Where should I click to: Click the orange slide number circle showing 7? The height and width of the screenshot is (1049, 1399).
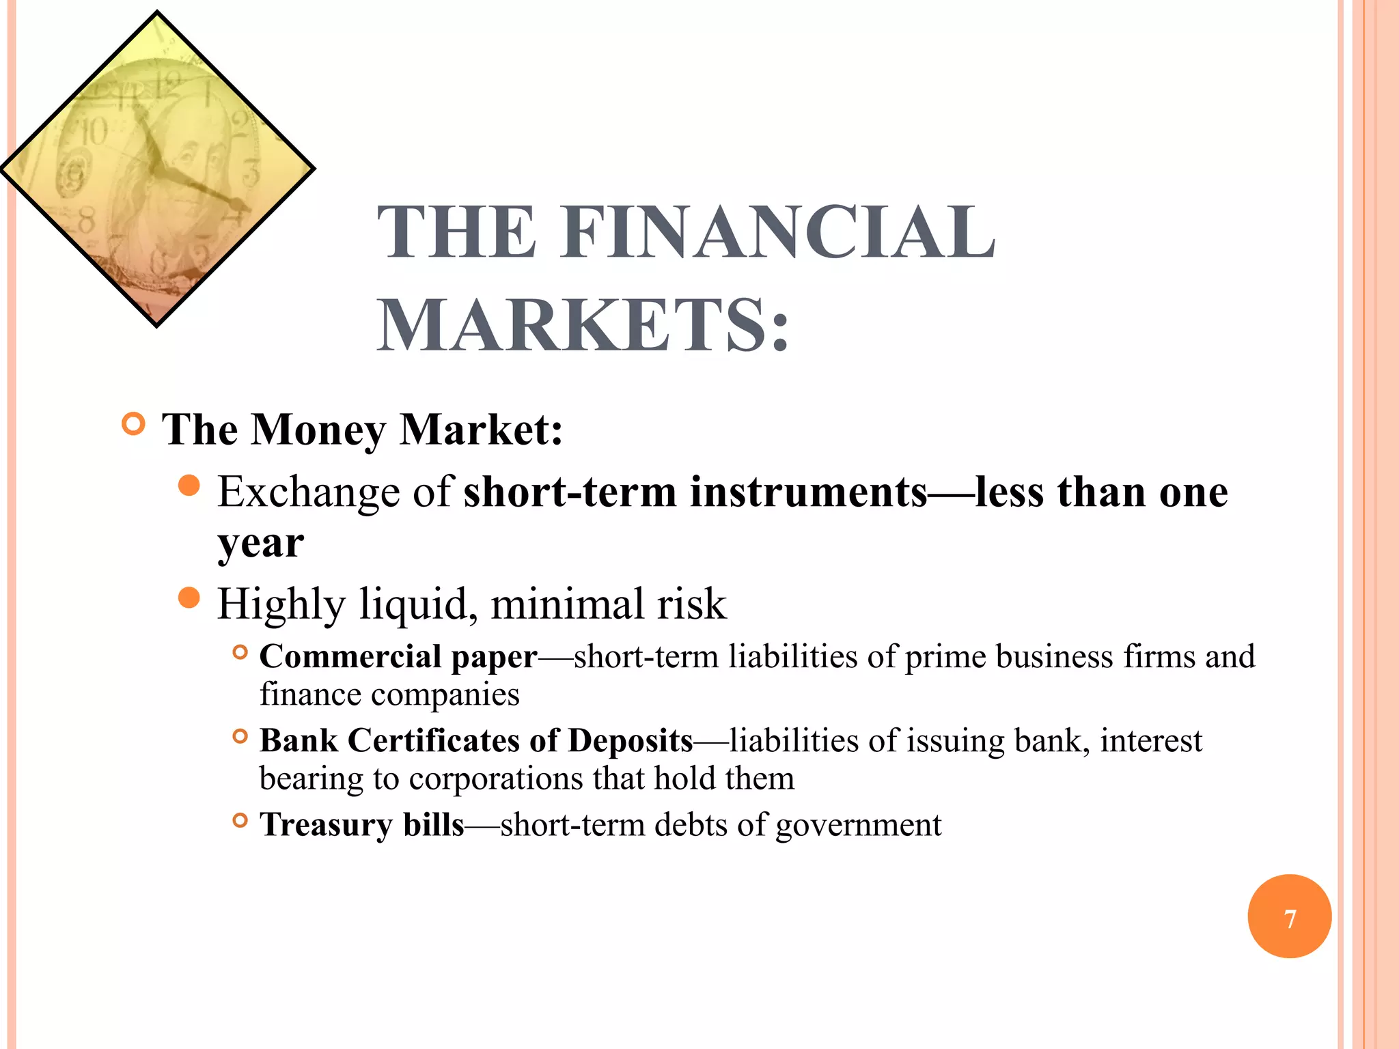(x=1289, y=917)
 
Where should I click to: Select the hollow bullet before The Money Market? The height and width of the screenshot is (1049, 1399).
(x=134, y=424)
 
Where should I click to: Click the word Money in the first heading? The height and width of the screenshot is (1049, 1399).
(x=318, y=430)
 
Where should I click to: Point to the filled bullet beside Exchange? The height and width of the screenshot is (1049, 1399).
(x=189, y=486)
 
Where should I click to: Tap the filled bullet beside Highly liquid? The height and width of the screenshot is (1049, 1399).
(x=189, y=598)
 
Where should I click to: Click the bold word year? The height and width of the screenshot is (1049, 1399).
(x=260, y=544)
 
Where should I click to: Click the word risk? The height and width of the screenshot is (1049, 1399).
(x=691, y=604)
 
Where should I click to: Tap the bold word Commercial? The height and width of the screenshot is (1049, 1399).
(x=350, y=657)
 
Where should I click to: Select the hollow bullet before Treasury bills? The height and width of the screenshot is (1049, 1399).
(x=240, y=820)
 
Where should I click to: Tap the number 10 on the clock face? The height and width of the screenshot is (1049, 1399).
(x=94, y=132)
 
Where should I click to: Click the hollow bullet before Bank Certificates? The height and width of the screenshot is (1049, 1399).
(x=240, y=736)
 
